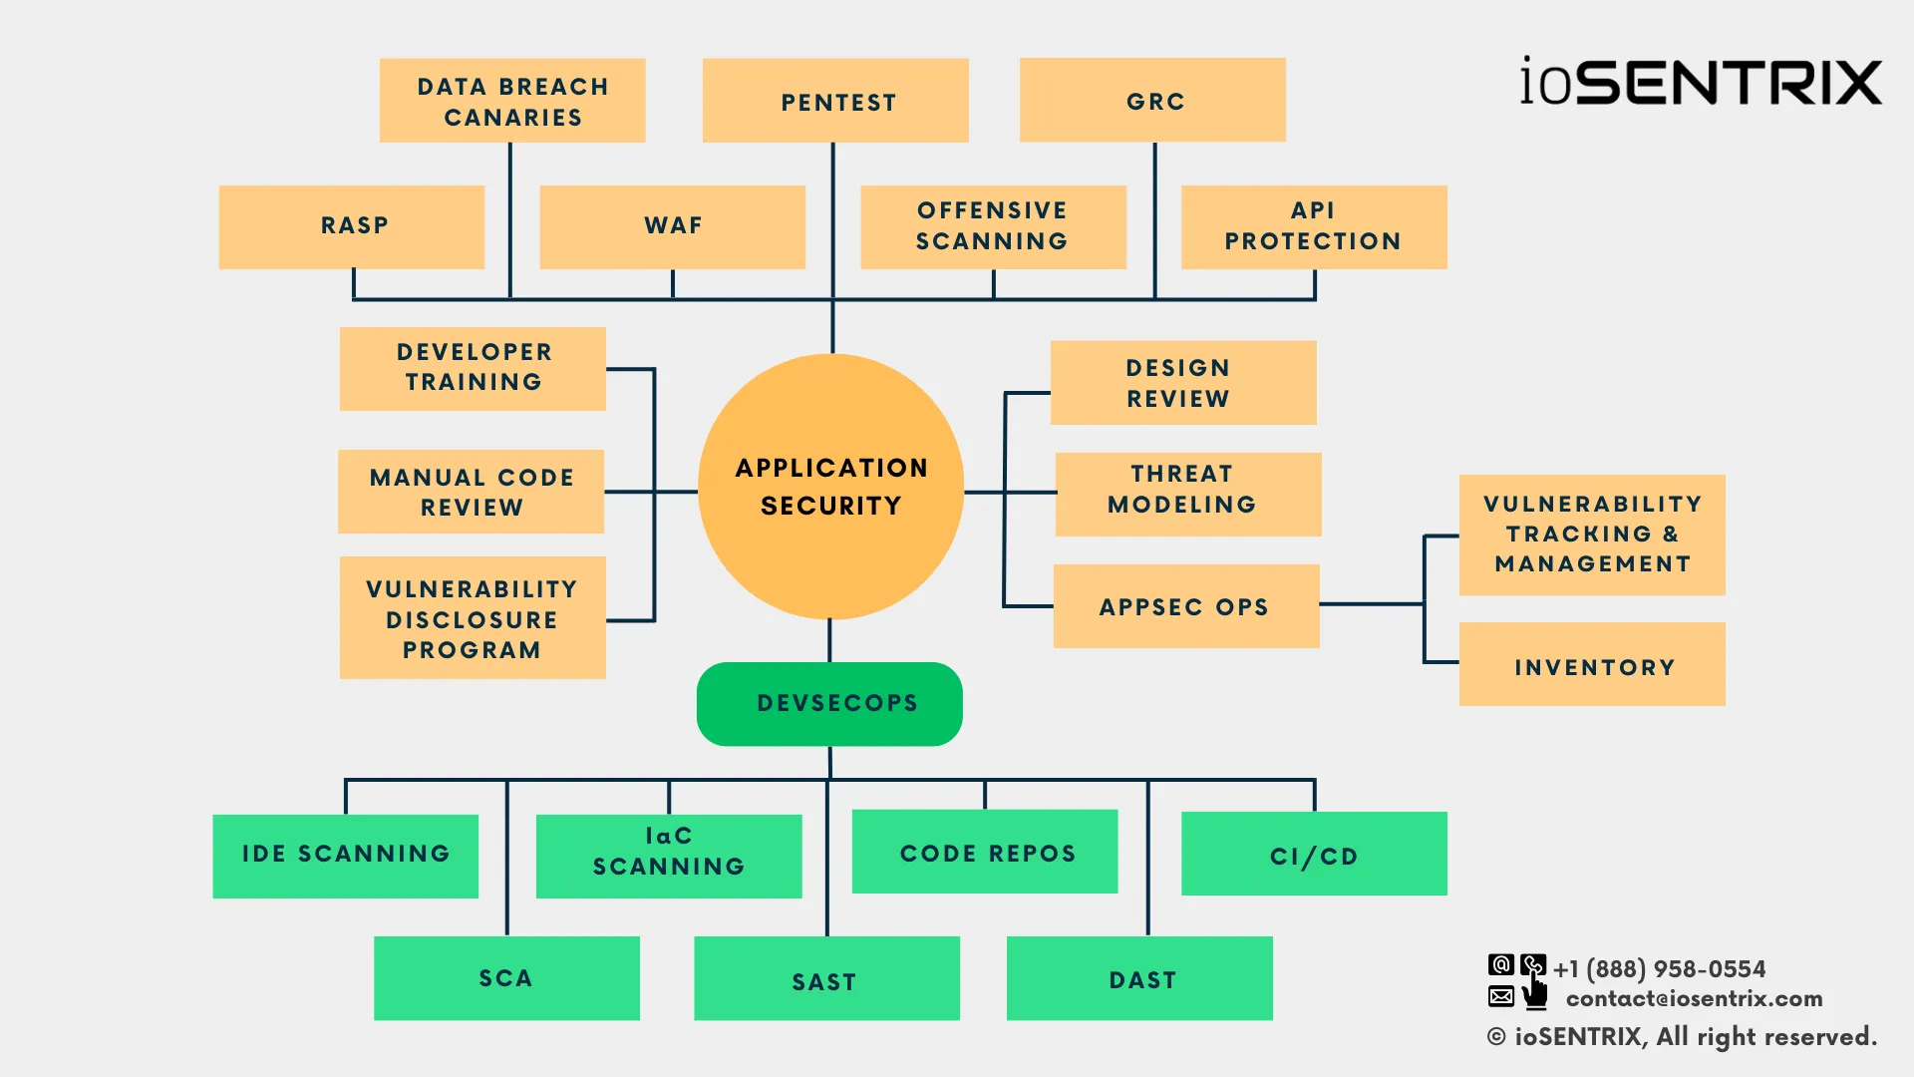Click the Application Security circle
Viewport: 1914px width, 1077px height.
click(x=830, y=487)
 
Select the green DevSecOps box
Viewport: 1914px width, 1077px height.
click(x=829, y=704)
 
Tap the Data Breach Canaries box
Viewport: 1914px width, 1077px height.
click(x=512, y=101)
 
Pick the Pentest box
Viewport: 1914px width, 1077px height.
click(x=835, y=101)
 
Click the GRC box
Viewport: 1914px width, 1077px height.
click(x=1152, y=100)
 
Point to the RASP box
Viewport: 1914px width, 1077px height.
click(x=352, y=226)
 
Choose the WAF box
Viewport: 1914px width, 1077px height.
click(x=673, y=226)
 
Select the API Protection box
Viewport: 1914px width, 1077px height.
click(x=1314, y=226)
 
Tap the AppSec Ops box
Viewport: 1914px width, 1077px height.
click(x=1186, y=606)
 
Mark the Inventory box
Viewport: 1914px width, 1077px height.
click(x=1592, y=665)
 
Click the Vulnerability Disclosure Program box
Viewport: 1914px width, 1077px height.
click(x=473, y=618)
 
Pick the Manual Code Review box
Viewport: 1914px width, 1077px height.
click(x=471, y=492)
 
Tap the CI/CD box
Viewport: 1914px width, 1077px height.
click(x=1314, y=854)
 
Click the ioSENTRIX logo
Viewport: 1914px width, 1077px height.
click(x=1701, y=82)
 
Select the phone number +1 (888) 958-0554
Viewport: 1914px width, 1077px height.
click(x=1659, y=968)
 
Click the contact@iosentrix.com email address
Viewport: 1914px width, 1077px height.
click(x=1694, y=998)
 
